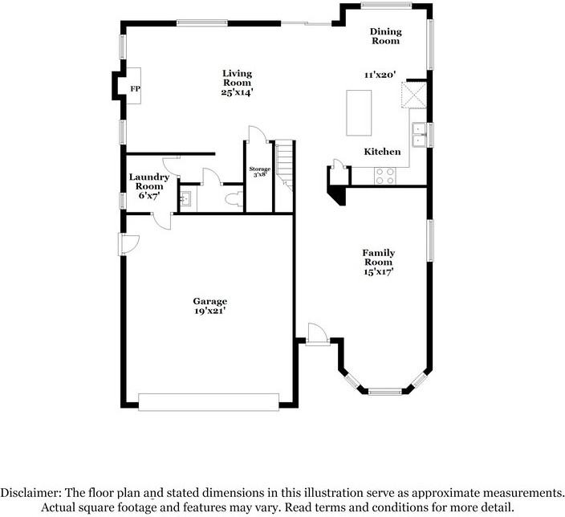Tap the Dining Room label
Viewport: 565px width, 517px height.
(384, 36)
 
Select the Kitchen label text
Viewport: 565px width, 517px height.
(382, 152)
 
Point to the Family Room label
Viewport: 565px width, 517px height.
(379, 263)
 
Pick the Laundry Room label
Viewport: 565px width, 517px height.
(148, 185)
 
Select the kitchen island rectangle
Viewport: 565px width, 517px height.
(360, 112)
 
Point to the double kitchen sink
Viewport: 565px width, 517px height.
(419, 135)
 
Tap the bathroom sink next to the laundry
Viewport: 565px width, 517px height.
(185, 198)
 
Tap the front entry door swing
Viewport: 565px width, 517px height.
(316, 332)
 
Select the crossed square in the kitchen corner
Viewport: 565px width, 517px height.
(415, 96)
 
